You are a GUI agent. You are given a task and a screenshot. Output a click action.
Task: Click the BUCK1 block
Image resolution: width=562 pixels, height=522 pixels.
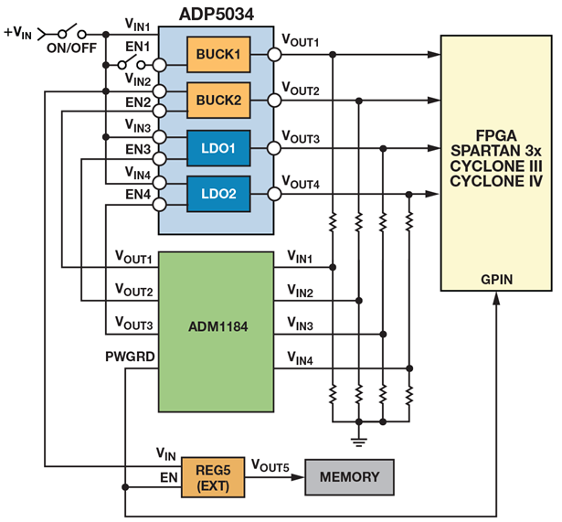[x=216, y=55]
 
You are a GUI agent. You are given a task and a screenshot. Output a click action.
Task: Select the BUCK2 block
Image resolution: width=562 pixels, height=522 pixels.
[x=216, y=101]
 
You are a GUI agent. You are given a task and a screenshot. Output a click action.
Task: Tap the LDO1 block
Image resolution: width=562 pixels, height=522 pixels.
[x=216, y=146]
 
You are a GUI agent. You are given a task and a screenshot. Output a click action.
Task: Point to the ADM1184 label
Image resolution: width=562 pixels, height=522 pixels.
[x=216, y=326]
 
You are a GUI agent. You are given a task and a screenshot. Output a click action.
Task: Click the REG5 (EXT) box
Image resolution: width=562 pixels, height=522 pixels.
[x=212, y=475]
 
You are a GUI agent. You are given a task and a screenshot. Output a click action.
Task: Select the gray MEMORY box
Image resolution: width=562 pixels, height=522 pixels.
[x=348, y=477]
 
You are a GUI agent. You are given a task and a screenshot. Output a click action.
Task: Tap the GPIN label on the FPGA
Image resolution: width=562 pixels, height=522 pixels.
[x=496, y=278]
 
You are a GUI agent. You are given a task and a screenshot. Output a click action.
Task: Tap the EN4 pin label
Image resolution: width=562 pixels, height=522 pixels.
[x=137, y=194]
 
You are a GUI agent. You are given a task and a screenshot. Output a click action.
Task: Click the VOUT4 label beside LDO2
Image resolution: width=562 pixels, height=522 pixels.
[x=300, y=183]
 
